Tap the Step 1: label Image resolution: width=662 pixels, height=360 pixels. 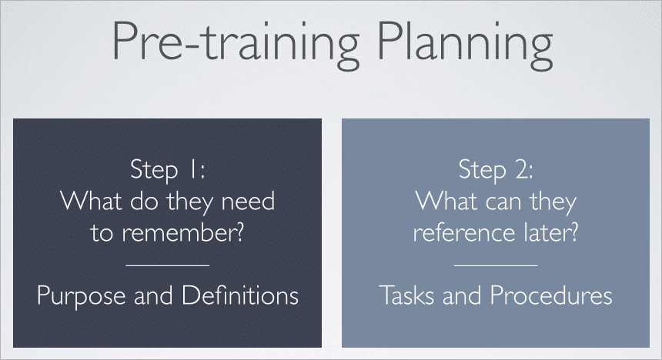pyautogui.click(x=168, y=170)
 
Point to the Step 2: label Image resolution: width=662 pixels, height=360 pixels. pyautogui.click(x=495, y=169)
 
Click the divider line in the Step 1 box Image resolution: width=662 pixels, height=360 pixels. pyautogui.click(x=167, y=265)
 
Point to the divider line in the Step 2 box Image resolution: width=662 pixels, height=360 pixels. pyautogui.click(x=496, y=265)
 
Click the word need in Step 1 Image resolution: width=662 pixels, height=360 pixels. pyautogui.click(x=248, y=202)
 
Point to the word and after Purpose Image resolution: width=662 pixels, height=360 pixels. pyautogui.click(x=150, y=296)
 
